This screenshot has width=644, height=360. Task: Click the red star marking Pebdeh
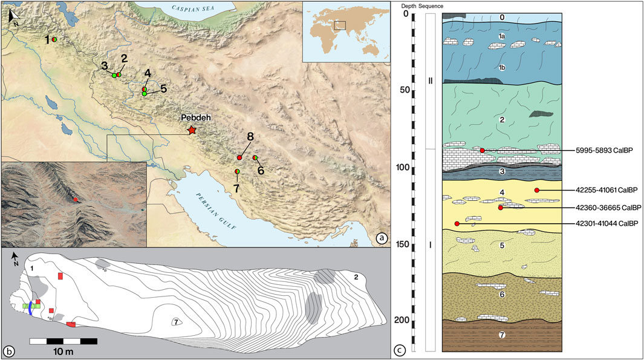pos(192,130)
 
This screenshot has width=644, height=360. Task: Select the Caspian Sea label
pos(195,8)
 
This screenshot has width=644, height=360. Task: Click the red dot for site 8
pos(239,158)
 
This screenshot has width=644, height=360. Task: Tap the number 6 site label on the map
pos(261,171)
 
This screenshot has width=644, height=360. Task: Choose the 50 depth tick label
pos(402,91)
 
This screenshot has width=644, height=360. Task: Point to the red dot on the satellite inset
pos(75,199)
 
